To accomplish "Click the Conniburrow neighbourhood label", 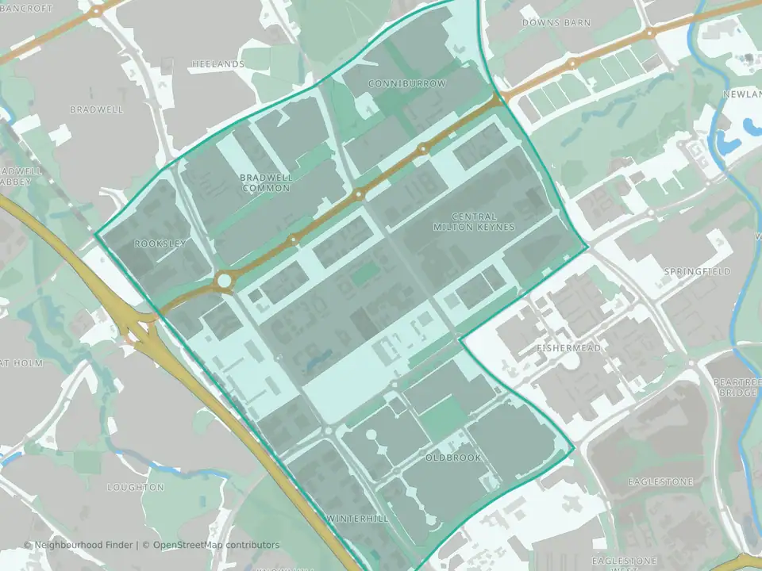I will [x=407, y=83].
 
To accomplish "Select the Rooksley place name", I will [x=160, y=243].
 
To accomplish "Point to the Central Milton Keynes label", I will [x=474, y=221].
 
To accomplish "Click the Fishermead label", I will [x=568, y=348].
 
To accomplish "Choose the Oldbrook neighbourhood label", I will [x=449, y=458].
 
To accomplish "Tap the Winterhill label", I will [x=357, y=519].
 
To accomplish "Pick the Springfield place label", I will [x=696, y=271].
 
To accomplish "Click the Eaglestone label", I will [x=660, y=481].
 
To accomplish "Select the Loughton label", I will [x=136, y=487].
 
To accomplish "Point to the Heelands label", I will [x=217, y=63].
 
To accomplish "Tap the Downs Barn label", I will [x=556, y=23].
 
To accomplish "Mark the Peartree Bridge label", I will [x=737, y=387].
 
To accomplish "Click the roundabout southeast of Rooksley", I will [x=224, y=280].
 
